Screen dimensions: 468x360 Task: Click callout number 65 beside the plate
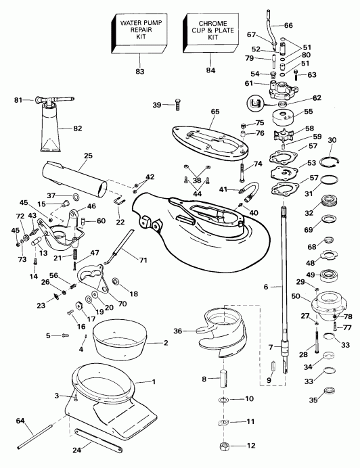point(215,111)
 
